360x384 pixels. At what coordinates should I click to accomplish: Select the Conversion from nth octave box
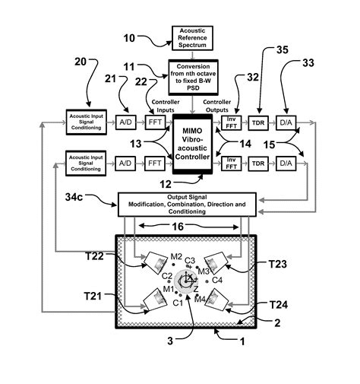pyautogui.click(x=192, y=78)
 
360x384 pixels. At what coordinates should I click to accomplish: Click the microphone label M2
pyautogui.click(x=176, y=256)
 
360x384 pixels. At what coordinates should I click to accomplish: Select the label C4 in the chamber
pyautogui.click(x=217, y=280)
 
